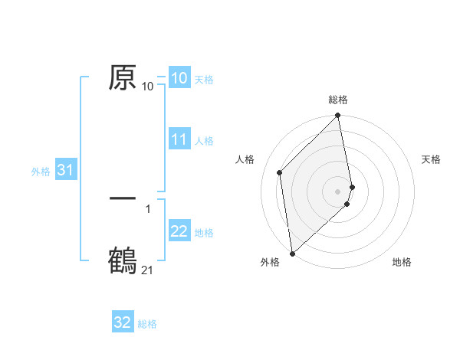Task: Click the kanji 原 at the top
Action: [x=123, y=78]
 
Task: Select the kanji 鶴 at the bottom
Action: [x=123, y=259]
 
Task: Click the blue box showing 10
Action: [x=179, y=78]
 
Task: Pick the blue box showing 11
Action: [x=179, y=140]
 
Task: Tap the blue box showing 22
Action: [x=179, y=232]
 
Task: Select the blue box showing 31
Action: [x=64, y=171]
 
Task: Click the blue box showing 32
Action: [x=123, y=323]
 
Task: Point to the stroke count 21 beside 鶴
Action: [x=147, y=270]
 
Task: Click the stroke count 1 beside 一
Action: [x=148, y=208]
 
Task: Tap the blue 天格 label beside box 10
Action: [x=204, y=79]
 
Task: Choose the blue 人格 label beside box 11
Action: [x=204, y=141]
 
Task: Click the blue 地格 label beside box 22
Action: [x=204, y=233]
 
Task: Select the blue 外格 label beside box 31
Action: [x=41, y=172]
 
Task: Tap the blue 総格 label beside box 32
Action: [x=147, y=324]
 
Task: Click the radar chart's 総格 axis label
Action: [x=338, y=100]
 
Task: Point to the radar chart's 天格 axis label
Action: [x=431, y=159]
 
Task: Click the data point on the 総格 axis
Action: [x=338, y=116]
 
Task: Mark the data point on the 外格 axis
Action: [x=292, y=253]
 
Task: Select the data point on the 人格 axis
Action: [x=280, y=172]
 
